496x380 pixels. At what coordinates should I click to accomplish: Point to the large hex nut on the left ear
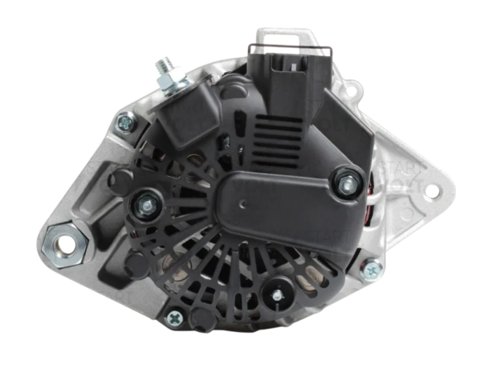click(64, 243)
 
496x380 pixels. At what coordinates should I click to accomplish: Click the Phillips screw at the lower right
click(372, 269)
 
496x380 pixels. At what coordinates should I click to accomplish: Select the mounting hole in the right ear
click(431, 192)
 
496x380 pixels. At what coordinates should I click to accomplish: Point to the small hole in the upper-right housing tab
click(355, 89)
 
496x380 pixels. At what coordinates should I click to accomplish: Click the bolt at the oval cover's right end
click(346, 180)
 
